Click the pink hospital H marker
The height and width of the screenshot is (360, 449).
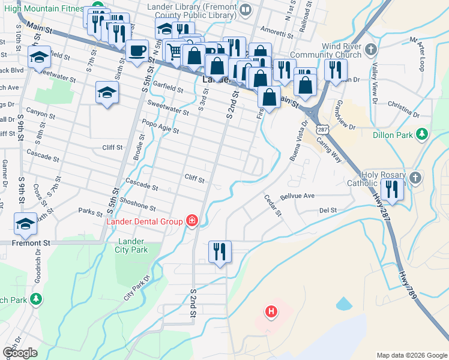271,311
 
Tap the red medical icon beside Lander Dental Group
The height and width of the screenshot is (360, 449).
191,221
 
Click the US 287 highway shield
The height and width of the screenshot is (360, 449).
323,129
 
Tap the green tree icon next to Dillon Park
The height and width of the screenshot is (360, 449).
422,134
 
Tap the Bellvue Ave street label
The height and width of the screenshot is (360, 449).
297,196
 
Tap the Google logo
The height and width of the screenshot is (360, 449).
20,353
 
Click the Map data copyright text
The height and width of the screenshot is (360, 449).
411,355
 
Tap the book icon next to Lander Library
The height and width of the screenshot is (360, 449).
245,10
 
